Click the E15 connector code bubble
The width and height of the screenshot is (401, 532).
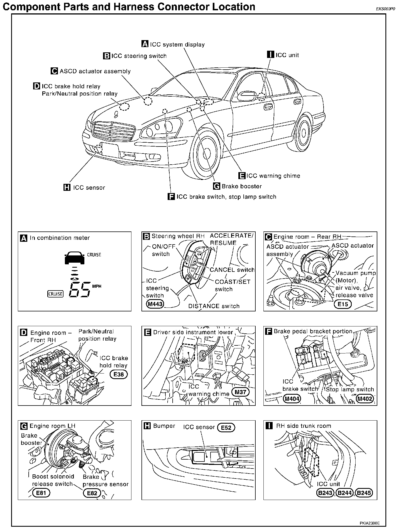pos(343,304)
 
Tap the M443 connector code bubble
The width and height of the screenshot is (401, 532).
pos(155,304)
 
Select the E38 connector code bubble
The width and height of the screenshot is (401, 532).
pos(119,374)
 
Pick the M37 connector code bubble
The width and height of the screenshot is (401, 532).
pos(240,392)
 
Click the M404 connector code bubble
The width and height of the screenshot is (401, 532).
pos(292,399)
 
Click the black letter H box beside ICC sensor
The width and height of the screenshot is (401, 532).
pos(67,187)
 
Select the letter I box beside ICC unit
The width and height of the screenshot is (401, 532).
pos(270,55)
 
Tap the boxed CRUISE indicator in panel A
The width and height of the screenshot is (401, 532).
pos(55,294)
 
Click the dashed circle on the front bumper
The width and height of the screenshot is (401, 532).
pos(98,148)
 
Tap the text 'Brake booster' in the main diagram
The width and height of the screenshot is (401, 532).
pos(241,186)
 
